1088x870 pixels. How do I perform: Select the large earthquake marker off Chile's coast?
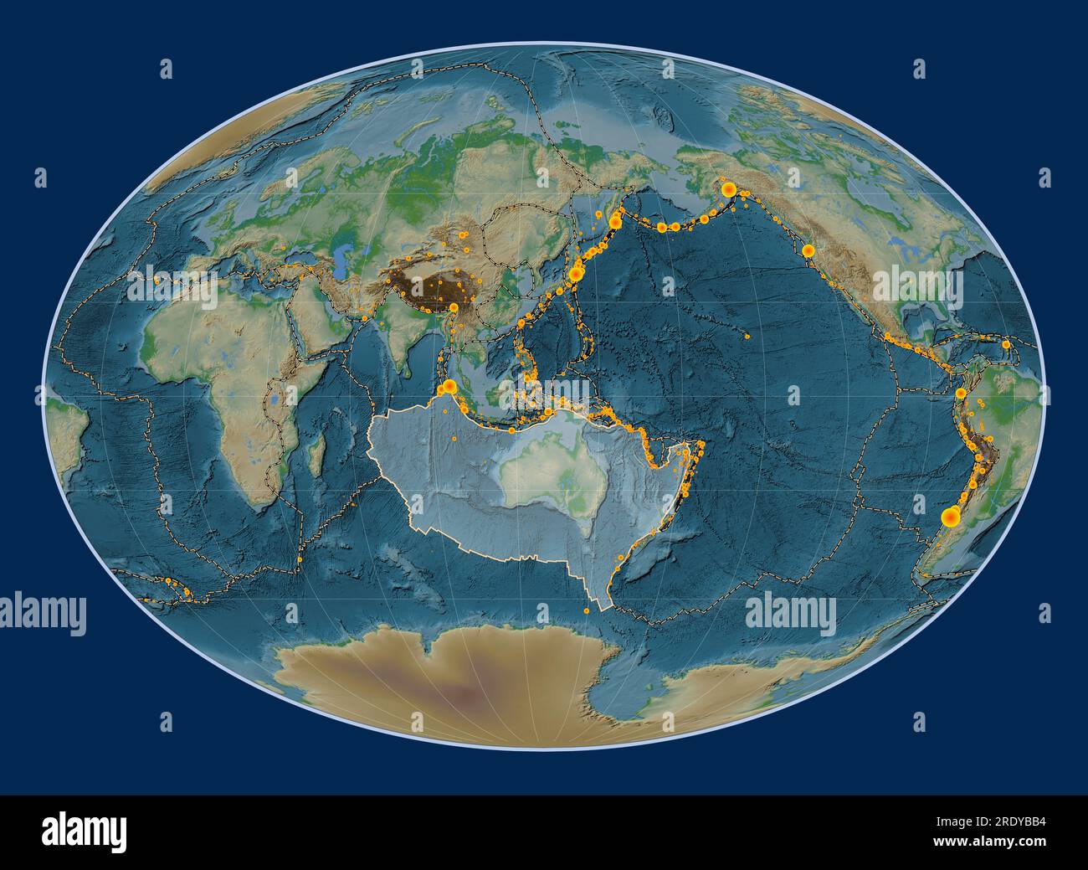point(950,518)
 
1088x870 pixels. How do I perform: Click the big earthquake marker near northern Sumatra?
point(449,386)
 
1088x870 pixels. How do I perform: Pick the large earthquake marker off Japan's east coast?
point(576,273)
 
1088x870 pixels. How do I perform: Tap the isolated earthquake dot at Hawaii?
point(747,337)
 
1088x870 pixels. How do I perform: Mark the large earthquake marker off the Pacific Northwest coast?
point(808,250)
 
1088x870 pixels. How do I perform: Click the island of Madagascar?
point(318,457)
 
